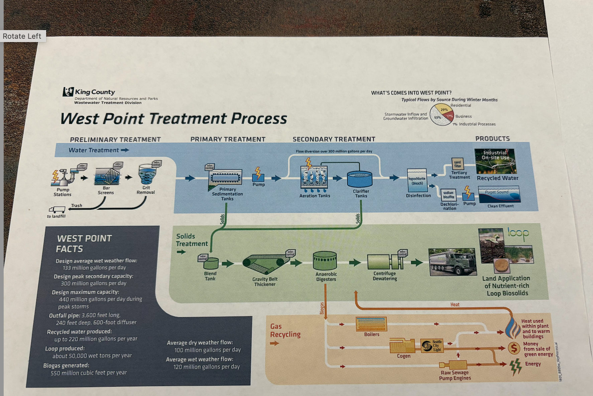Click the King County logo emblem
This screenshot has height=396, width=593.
coord(68,91)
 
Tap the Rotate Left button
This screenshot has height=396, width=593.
coord(22,36)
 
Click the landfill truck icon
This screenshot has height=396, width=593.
coord(57,209)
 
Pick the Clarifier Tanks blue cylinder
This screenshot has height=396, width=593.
coord(360,179)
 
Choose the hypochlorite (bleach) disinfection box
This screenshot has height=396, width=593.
coord(417,180)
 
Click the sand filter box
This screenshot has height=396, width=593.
coord(457,164)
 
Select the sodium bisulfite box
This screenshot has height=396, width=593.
coord(449,195)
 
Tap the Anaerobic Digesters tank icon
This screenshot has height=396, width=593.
coord(325,261)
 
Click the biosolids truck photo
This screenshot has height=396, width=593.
coord(452,262)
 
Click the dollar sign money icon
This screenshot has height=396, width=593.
coord(514,348)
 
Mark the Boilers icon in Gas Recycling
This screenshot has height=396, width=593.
coord(371,324)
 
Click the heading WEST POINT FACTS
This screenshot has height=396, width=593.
coord(84,243)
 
